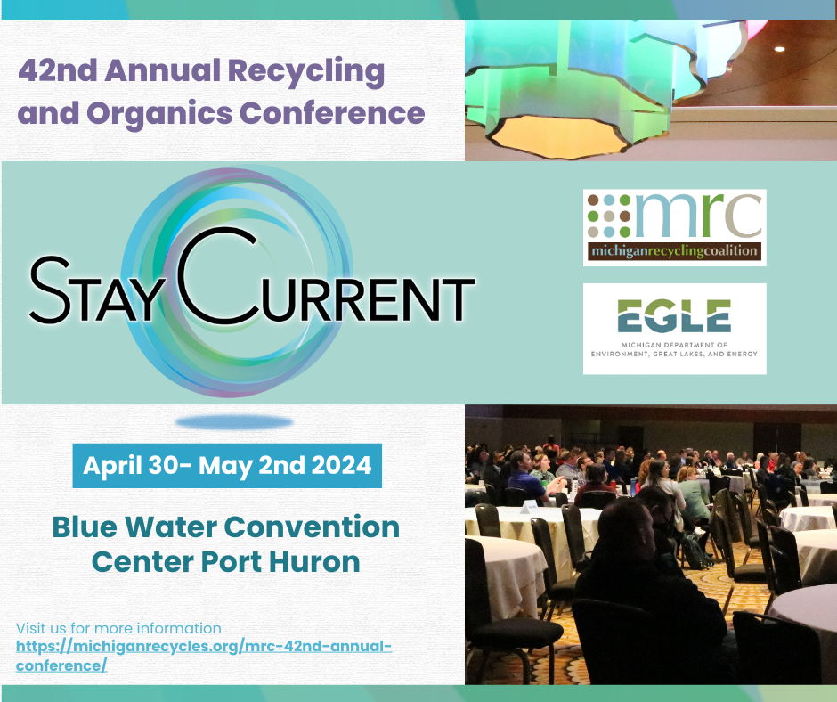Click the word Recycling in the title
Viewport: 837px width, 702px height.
click(x=306, y=72)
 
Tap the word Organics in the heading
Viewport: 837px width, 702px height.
click(x=159, y=114)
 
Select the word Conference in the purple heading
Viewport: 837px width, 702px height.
click(x=332, y=113)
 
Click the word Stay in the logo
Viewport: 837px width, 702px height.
click(x=94, y=290)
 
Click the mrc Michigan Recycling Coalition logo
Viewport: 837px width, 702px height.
click(x=674, y=227)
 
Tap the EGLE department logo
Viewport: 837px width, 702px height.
click(x=674, y=329)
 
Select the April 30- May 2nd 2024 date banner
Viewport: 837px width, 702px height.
click(x=227, y=465)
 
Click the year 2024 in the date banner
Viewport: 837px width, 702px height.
click(x=341, y=465)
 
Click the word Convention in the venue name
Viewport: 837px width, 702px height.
click(x=312, y=527)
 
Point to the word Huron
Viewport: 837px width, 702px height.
click(x=314, y=562)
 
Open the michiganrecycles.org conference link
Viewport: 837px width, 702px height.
click(x=203, y=656)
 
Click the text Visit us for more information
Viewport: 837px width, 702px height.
click(x=118, y=628)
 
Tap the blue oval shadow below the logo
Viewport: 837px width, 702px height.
click(x=234, y=422)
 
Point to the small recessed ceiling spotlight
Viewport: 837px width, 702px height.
click(x=779, y=49)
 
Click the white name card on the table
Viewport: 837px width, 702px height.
click(x=530, y=507)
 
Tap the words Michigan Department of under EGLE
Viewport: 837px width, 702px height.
click(x=674, y=345)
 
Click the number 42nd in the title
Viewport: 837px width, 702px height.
click(x=58, y=70)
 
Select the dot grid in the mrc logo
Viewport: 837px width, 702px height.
click(x=609, y=216)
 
